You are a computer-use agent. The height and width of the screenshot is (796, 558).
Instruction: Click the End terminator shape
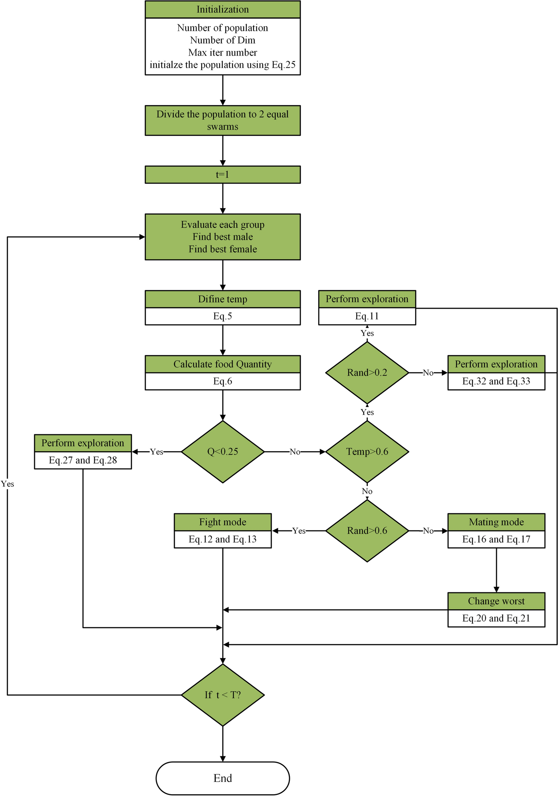(223, 778)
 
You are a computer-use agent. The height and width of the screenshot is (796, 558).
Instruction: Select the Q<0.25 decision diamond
(223, 452)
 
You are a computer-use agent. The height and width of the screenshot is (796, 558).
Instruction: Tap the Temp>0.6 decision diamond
(367, 452)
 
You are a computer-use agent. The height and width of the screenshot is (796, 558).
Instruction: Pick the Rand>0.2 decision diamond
(367, 373)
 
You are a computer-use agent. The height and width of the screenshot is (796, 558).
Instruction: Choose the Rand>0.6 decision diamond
(367, 531)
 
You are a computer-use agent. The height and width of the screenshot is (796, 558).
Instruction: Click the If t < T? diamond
(223, 695)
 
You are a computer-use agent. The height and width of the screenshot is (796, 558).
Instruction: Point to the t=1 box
(223, 175)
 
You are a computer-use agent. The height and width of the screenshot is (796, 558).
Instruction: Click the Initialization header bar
(223, 9)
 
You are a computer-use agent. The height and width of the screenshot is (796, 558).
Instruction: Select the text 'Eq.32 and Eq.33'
(496, 381)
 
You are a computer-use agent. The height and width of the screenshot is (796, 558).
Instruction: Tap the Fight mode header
(223, 522)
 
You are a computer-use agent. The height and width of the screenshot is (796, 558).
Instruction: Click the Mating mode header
(496, 522)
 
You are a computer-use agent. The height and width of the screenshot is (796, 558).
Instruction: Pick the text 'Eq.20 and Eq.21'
(496, 618)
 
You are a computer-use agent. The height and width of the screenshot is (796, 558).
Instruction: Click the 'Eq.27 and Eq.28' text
(83, 460)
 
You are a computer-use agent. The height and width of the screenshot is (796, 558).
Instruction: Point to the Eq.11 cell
(367, 316)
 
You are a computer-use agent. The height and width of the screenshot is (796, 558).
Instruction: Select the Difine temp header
(223, 299)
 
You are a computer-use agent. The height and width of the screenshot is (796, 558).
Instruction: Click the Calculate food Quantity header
(223, 364)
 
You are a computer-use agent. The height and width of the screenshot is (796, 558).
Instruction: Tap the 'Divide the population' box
(223, 121)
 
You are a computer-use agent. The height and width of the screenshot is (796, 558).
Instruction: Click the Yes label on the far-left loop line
(7, 484)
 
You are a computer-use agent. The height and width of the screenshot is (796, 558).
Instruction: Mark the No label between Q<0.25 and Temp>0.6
(295, 452)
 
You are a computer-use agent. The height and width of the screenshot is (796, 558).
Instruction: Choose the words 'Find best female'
(223, 249)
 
